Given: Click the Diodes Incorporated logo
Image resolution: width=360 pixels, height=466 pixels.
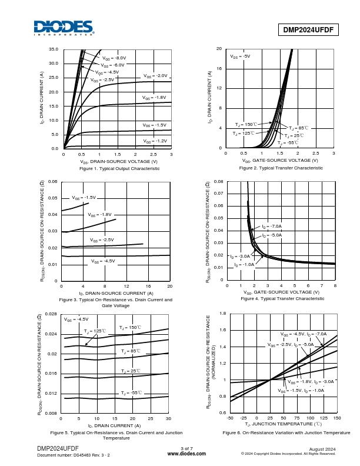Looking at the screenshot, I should pos(63,28).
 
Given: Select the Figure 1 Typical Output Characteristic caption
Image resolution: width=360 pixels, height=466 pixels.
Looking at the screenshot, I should pos(119,168).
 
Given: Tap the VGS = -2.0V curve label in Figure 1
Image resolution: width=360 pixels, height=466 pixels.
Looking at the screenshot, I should pos(155,76).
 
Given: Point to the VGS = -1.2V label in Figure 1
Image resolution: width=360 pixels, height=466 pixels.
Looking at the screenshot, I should pos(155,141).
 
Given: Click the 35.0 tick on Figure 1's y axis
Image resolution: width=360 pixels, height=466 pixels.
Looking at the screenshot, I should pos(54,49).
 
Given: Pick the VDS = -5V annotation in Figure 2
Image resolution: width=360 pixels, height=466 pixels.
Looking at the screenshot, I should pos(240,56).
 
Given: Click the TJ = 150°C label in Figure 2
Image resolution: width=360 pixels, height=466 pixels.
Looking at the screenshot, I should pos(245,125).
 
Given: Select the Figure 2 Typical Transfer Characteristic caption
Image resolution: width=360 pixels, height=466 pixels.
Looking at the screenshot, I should pos(281,168).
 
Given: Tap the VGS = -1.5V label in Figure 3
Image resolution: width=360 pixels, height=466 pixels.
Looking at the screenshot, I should pos(84,198).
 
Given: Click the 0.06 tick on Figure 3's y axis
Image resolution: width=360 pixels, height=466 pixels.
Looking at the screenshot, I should pos(52,182).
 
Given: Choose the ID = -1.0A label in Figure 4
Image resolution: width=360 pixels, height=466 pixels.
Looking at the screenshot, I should pos(244,265).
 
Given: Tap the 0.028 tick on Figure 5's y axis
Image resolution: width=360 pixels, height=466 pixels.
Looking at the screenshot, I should pos(51,314).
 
